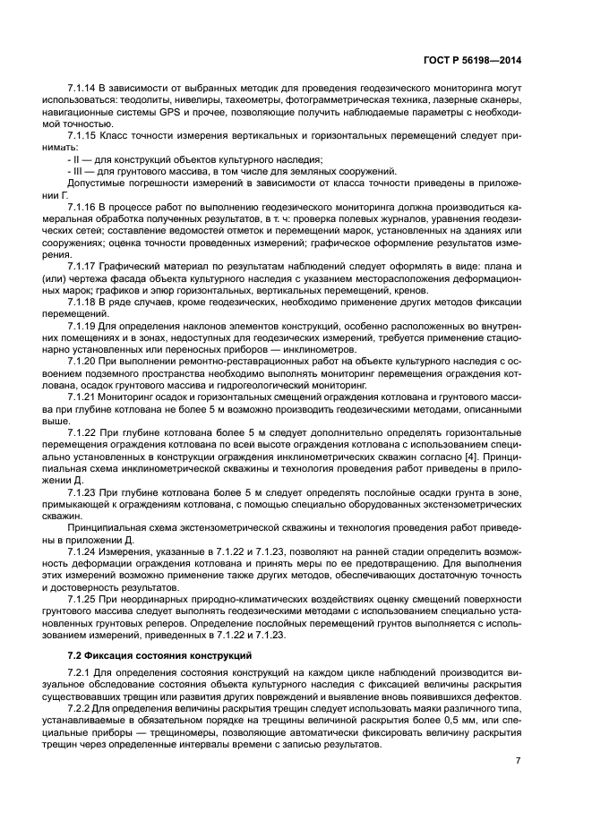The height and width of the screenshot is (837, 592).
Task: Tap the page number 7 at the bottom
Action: (518, 761)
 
